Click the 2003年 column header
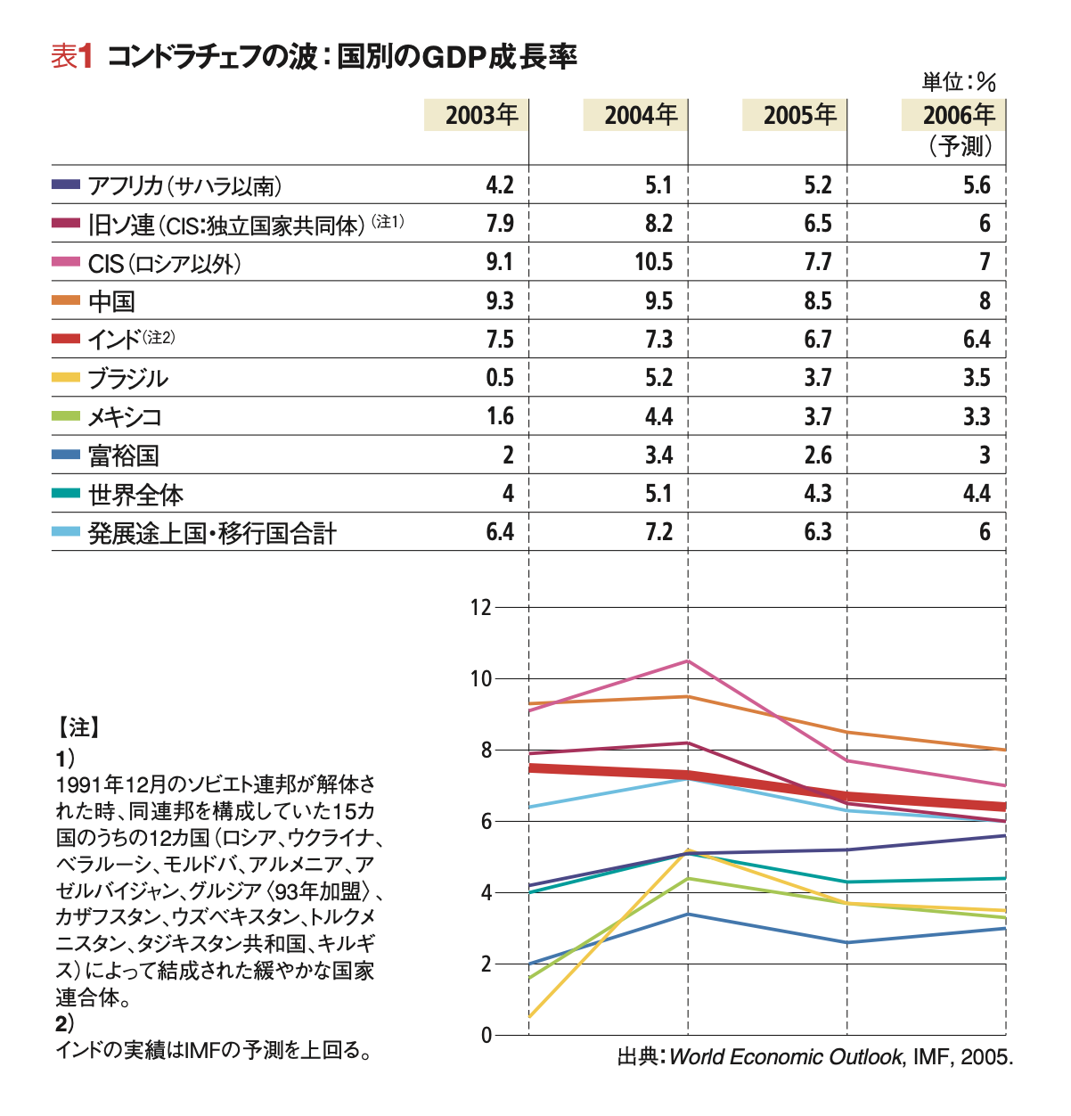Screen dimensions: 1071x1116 482,115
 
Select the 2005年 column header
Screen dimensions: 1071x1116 800,115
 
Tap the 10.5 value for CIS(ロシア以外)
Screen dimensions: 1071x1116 653,262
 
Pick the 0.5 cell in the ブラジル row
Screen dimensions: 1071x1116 499,378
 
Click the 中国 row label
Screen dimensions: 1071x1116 111,301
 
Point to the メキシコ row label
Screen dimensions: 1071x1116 125,417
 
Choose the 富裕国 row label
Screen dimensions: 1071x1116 123,455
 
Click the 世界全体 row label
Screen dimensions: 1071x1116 136,495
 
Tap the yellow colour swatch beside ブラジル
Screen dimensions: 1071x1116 65,377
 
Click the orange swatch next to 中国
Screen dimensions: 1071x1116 65,300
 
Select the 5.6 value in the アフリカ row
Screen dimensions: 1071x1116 977,185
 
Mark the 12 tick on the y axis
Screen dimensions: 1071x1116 480,607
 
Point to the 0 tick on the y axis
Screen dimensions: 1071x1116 486,1036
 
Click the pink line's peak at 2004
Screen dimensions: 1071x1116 688,661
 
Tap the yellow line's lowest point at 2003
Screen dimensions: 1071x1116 528,1017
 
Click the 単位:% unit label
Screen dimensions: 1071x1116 959,82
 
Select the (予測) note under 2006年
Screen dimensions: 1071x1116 960,145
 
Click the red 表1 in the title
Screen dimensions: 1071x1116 71,57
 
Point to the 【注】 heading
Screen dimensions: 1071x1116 78,727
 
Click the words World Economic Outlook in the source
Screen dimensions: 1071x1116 787,1057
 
